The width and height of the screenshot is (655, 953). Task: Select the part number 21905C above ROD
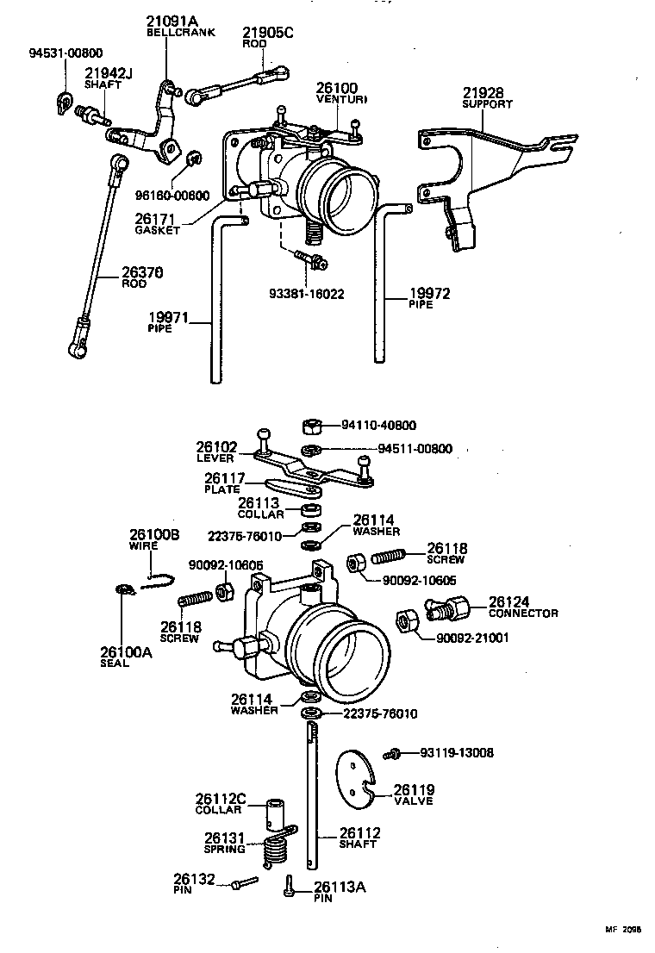click(x=244, y=33)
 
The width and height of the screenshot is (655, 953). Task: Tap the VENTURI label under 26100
click(x=341, y=100)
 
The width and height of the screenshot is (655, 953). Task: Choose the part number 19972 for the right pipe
click(x=429, y=294)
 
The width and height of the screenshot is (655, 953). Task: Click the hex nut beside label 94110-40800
click(x=312, y=426)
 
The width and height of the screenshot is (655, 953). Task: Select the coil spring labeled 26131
click(x=275, y=849)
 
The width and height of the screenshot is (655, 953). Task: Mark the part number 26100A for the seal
click(x=126, y=652)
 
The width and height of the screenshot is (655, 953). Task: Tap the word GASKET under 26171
click(x=158, y=231)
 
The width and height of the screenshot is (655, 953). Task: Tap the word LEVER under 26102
click(x=215, y=458)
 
